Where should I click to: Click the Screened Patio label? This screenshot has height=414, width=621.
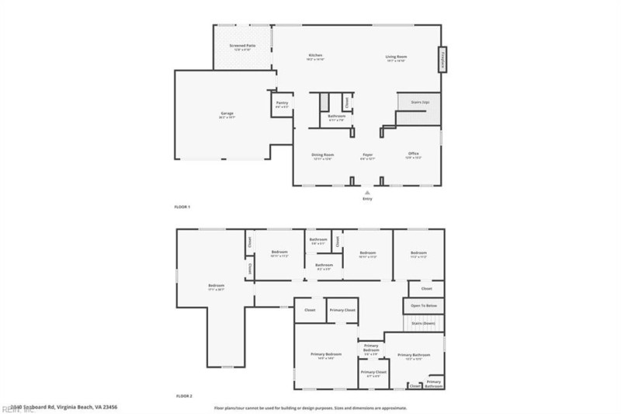click(242, 47)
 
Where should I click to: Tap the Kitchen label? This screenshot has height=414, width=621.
click(315, 56)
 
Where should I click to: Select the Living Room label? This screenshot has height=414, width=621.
click(397, 57)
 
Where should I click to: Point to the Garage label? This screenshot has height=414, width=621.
click(227, 114)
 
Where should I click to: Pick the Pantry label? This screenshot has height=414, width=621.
click(283, 103)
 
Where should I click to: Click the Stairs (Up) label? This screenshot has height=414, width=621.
click(420, 102)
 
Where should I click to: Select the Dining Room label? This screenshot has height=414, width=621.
click(322, 155)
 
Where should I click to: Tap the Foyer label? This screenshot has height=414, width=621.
click(368, 155)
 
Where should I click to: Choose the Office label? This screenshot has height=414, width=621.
click(414, 155)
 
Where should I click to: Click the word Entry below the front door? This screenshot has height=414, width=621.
click(367, 199)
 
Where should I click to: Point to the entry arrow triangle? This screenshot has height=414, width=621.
click(367, 191)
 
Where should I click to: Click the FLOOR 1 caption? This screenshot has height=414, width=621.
click(182, 207)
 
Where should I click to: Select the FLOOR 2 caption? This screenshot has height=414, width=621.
click(183, 396)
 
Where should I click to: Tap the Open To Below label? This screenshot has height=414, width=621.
click(425, 306)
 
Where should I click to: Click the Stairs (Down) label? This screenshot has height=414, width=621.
click(424, 323)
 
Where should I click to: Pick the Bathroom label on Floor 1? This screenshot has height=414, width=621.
click(336, 117)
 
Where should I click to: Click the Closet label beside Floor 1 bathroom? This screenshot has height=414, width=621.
click(347, 101)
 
